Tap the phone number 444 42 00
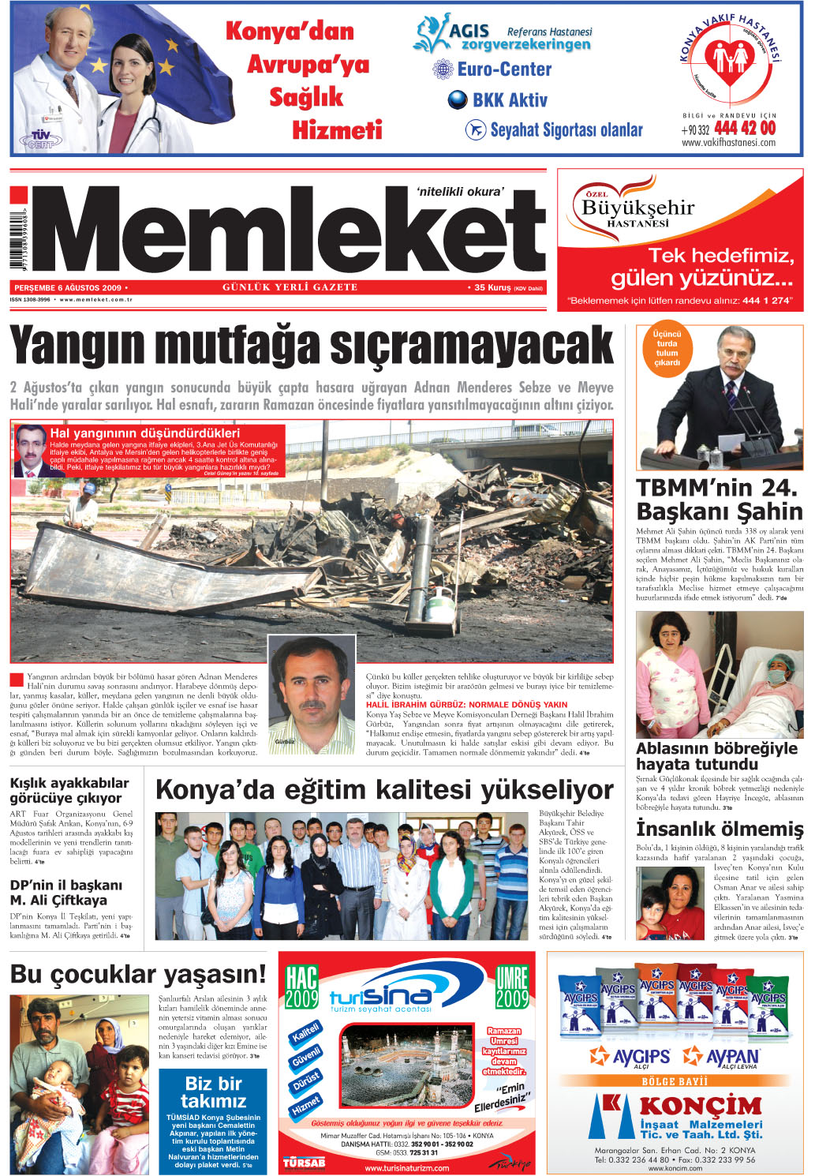coord(744,128)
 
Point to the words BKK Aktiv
coord(509,100)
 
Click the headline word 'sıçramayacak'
coord(471,346)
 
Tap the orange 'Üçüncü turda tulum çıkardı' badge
coord(667,348)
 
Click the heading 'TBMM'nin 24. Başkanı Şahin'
coord(719,499)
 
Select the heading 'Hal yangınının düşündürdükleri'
coord(144,433)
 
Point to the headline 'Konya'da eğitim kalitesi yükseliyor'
coord(384,790)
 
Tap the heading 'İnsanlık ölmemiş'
coord(719,829)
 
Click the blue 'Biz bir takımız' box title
coord(213,1092)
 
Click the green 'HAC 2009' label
coord(301,987)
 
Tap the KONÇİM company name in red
coord(689,1105)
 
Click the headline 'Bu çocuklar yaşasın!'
coord(138,974)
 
